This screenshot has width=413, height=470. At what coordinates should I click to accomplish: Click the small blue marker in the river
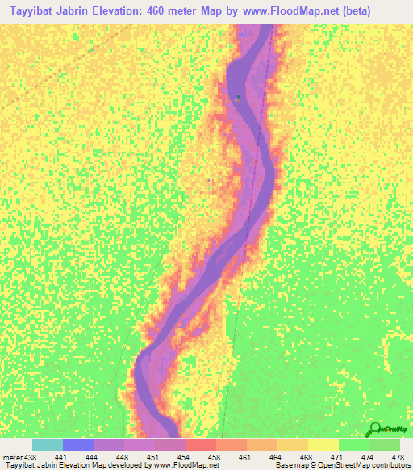(237, 99)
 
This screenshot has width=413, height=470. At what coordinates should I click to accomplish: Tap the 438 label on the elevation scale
(30, 456)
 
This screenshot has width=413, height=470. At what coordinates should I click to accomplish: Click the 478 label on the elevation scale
(397, 456)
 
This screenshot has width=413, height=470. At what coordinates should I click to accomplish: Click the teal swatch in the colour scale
(47, 445)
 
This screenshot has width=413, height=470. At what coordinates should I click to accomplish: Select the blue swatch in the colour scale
(77, 445)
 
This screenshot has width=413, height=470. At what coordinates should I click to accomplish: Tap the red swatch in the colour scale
(200, 445)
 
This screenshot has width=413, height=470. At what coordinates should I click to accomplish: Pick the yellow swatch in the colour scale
(323, 445)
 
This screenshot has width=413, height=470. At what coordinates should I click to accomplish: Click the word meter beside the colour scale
(12, 456)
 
